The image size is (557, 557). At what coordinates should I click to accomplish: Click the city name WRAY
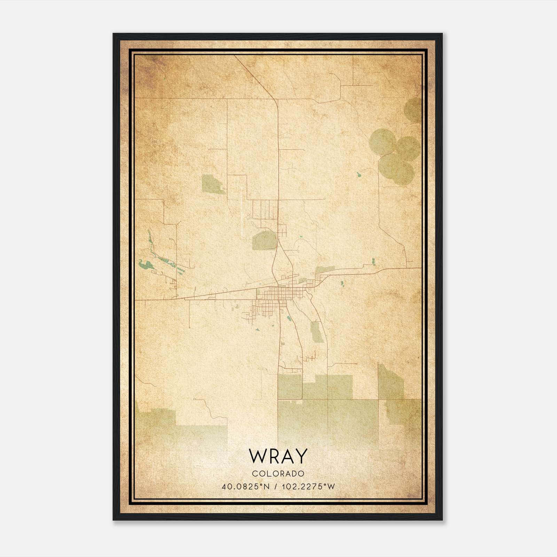coord(278,456)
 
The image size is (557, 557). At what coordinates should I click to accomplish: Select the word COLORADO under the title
coord(278,474)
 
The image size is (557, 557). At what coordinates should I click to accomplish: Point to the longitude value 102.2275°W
coord(308,486)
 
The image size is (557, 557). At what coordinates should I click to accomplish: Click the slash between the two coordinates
coord(276,486)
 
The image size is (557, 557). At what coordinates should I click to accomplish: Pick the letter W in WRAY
coord(257,456)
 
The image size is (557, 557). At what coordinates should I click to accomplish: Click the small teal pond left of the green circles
coord(359,173)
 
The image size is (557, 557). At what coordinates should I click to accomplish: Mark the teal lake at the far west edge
coord(144,265)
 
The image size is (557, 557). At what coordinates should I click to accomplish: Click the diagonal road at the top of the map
coord(256,77)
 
